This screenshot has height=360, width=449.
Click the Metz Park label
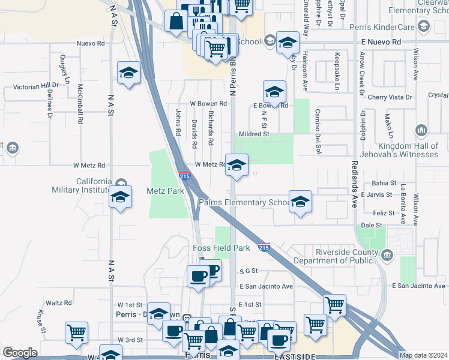click(x=165, y=191)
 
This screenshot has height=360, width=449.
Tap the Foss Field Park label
click(x=221, y=248)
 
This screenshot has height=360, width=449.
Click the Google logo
click(x=20, y=353)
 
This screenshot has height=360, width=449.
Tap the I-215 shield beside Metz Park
click(x=184, y=176)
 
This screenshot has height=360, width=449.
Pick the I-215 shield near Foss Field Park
click(x=264, y=247)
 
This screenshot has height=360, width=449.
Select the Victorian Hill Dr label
click(x=35, y=86)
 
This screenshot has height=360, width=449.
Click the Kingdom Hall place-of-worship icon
click(x=421, y=130)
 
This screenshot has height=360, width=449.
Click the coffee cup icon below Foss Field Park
click(x=198, y=277)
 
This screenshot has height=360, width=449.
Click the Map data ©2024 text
click(x=423, y=355)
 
